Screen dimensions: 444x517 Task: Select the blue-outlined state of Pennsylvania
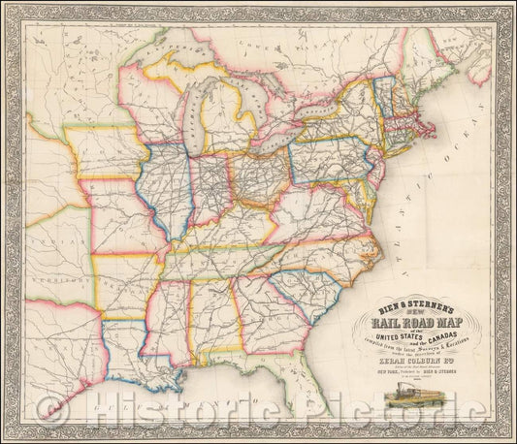pos(326,160)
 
